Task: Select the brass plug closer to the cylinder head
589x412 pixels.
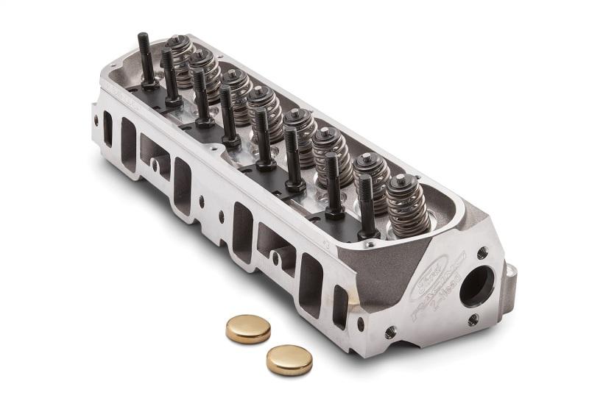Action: pyautogui.click(x=247, y=328)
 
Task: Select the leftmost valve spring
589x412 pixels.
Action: pyautogui.click(x=179, y=51)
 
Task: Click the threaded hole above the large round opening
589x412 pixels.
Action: pyautogui.click(x=482, y=252)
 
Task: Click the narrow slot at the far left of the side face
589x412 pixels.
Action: pyautogui.click(x=107, y=129)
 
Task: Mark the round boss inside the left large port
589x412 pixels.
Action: pyautogui.click(x=156, y=166)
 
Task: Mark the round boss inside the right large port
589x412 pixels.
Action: pyautogui.click(x=277, y=257)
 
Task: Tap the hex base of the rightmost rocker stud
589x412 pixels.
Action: pyautogui.click(x=367, y=233)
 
